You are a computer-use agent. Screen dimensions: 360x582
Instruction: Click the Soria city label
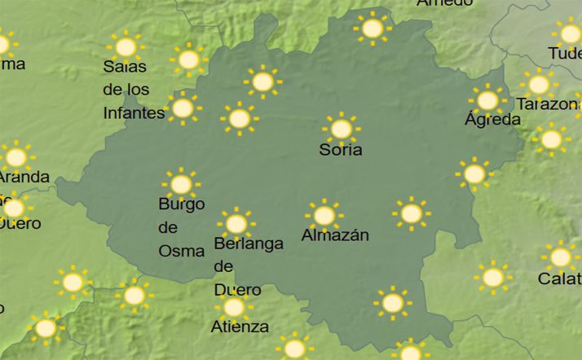(x=341, y=151)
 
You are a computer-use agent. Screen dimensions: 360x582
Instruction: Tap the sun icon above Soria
(x=341, y=129)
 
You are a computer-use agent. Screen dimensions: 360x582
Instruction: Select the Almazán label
(x=335, y=235)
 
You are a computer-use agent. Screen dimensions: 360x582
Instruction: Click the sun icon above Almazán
(x=324, y=215)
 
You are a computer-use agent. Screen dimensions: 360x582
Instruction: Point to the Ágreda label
(x=492, y=120)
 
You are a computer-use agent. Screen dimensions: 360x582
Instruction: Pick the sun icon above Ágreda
(x=487, y=100)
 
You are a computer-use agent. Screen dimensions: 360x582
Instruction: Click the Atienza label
(x=240, y=327)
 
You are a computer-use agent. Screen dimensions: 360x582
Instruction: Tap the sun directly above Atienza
(x=234, y=307)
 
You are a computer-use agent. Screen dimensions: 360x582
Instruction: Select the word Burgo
(x=181, y=204)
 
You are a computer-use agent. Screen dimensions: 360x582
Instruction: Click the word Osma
(x=181, y=251)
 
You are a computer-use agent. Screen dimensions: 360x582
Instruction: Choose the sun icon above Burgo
(x=181, y=184)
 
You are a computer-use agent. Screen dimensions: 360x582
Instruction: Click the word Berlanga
(x=248, y=243)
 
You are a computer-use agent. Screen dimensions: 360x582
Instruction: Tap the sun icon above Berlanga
(x=236, y=222)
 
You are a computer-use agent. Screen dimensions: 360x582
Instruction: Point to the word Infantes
(x=134, y=112)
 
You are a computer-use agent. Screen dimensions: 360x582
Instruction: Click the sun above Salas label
(x=126, y=46)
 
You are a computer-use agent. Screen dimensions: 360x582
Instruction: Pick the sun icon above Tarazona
(x=539, y=84)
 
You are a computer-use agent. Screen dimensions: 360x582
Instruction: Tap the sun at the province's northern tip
(x=373, y=29)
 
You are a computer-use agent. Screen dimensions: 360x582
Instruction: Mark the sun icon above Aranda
(x=15, y=156)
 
